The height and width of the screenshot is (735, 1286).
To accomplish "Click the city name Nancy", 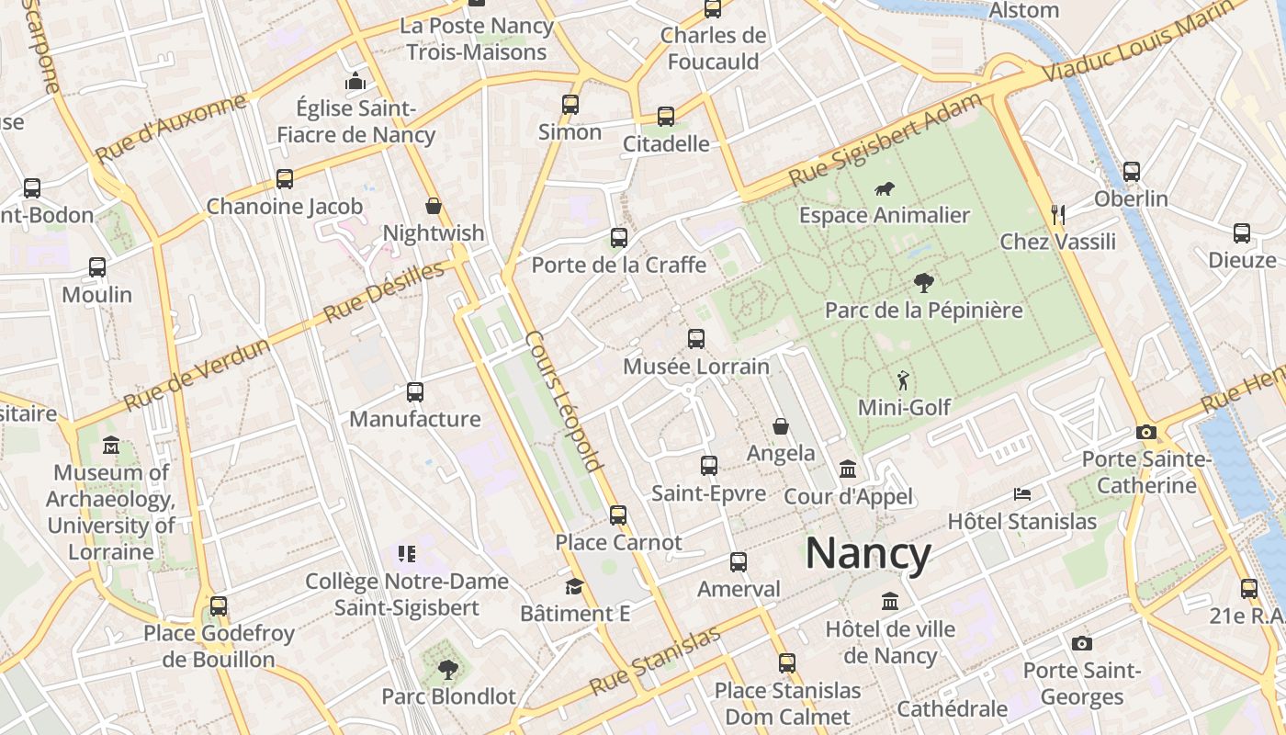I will click(868, 554).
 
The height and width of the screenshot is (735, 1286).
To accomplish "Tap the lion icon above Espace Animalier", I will click(886, 189).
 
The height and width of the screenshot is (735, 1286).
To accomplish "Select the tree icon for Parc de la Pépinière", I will click(923, 283).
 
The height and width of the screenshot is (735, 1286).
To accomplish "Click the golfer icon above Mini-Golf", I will click(903, 379).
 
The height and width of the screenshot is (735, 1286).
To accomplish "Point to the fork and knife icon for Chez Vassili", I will click(1058, 215).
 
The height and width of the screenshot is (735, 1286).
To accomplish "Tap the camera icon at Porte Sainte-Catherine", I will click(1145, 432).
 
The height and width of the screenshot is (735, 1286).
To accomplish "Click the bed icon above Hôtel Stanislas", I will click(1021, 494).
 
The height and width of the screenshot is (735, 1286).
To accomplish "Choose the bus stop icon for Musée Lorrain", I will click(696, 339).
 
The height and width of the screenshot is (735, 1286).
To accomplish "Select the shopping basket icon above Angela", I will click(781, 426).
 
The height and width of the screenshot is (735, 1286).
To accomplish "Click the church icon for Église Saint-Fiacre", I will click(355, 82).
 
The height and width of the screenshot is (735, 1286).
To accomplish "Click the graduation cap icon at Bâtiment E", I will click(574, 586).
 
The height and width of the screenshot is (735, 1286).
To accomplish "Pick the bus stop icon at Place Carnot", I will click(618, 515).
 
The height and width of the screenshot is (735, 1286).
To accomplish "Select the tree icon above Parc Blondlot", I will click(448, 669).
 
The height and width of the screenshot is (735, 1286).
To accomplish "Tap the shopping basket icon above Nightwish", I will click(434, 206).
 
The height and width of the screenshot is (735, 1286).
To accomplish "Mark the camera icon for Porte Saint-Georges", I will click(1082, 643).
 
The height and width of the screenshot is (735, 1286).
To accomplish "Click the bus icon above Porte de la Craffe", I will click(619, 238).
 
